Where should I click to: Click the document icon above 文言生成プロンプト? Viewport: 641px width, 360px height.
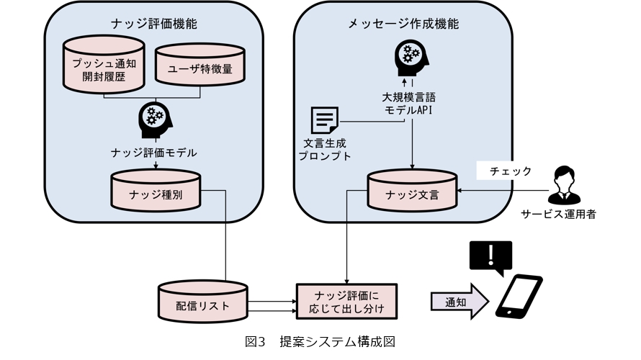tap(324, 120)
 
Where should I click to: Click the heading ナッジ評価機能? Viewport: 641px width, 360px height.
tap(155, 24)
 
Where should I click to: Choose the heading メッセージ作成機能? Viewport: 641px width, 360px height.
tap(403, 24)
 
